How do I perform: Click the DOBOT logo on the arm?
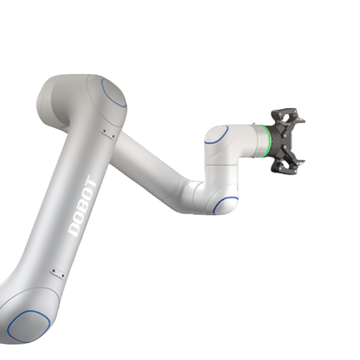pyautogui.click(x=83, y=206)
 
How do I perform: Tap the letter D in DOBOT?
pyautogui.click(x=74, y=229)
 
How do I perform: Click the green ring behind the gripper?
pyautogui.click(x=268, y=141)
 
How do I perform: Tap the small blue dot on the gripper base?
pyautogui.click(x=273, y=141)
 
